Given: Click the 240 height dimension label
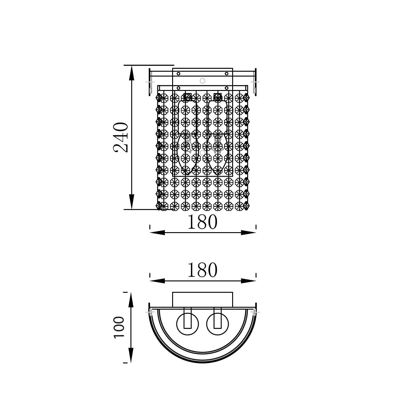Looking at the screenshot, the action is [x=121, y=137].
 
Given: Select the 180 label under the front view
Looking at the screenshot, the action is [x=202, y=222].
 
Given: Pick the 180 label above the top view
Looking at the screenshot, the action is [x=202, y=270].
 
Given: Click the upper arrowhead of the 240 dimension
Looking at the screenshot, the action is [x=132, y=73].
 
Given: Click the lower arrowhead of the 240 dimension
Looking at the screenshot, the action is [x=132, y=202].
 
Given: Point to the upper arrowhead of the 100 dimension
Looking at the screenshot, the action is [x=131, y=300].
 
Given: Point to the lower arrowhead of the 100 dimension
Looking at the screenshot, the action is [x=131, y=355].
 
